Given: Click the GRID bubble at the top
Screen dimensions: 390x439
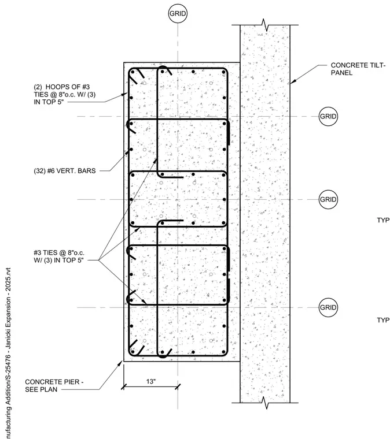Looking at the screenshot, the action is click(178, 13).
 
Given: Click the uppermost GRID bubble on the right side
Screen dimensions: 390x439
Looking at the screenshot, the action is click(328, 116).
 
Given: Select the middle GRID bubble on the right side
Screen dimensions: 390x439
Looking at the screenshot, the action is click(328, 199).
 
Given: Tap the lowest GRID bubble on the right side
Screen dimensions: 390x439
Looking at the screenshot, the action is click(328, 307).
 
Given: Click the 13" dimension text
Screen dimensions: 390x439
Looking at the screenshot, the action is click(151, 381).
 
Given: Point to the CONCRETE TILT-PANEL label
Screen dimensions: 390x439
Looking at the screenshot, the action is click(358, 69).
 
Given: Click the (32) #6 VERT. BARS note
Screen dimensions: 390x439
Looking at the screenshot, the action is click(65, 171).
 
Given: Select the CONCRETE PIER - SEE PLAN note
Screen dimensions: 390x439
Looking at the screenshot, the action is click(54, 385).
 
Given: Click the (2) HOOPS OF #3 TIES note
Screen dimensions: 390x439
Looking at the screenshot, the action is click(64, 94).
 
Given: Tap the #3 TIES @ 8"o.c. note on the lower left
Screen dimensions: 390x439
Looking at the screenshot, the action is click(59, 256).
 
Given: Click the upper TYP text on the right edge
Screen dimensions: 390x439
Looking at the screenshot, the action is click(383, 220).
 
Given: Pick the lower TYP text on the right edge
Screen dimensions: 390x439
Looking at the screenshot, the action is click(383, 320).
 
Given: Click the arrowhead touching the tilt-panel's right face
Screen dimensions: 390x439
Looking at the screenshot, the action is click(293, 81).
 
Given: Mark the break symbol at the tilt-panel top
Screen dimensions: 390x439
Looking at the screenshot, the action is click(265, 25).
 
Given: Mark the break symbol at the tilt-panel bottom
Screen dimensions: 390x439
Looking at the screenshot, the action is click(265, 403).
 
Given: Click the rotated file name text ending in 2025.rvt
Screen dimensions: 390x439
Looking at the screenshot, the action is click(8, 353).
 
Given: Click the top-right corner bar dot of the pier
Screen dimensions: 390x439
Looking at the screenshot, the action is click(223, 72).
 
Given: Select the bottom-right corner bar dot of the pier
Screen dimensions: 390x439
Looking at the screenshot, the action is click(223, 352).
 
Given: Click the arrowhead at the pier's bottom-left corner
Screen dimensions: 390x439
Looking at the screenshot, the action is click(121, 363).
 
